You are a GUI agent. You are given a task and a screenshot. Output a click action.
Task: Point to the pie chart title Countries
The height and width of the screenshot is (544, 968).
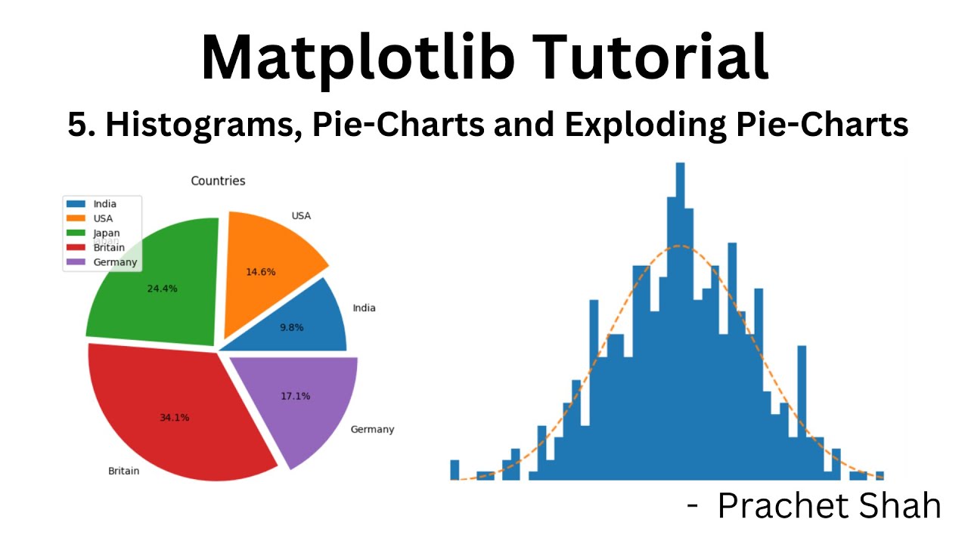pos(218,181)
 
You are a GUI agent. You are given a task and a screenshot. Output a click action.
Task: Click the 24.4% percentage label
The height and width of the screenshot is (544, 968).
pos(163,288)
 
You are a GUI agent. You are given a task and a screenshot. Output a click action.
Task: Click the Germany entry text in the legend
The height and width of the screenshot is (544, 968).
pos(115,262)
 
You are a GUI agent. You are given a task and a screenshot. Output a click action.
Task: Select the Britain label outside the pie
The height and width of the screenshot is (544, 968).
pos(123,471)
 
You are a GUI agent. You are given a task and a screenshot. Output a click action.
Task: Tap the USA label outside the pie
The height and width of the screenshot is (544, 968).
pos(301,216)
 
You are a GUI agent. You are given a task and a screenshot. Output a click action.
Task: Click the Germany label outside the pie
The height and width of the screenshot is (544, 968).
pos(372,429)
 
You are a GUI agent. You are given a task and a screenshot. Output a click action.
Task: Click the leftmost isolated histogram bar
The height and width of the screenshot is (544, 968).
pos(455,469)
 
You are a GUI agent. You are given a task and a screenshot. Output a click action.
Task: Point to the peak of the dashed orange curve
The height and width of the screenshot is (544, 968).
pos(680,246)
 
